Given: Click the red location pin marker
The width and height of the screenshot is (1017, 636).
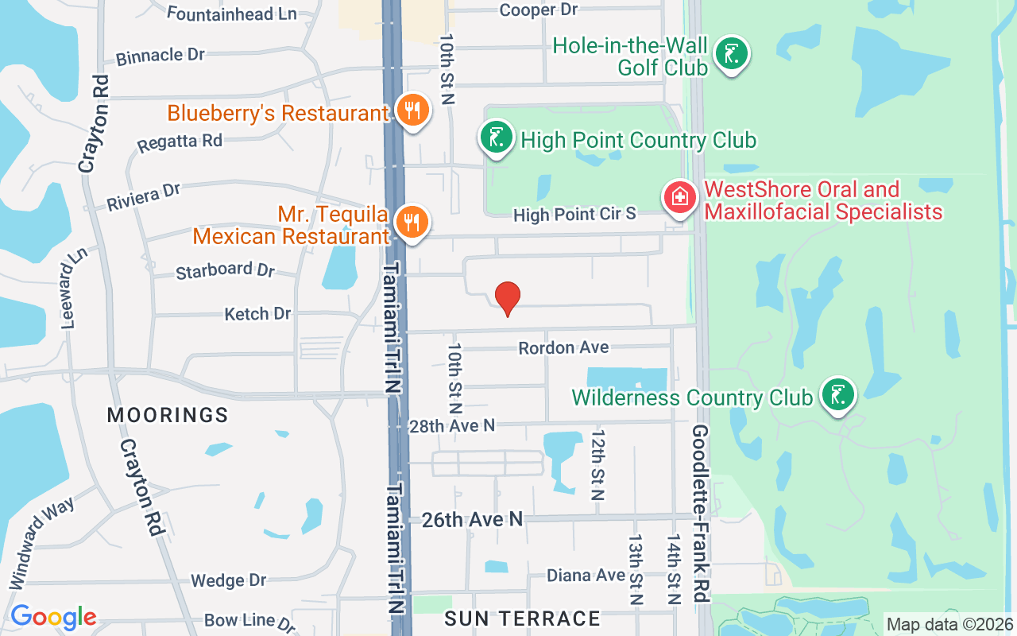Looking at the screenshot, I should pyautogui.click(x=508, y=297).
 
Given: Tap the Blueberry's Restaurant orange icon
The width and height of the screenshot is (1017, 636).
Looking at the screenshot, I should pyautogui.click(x=412, y=111).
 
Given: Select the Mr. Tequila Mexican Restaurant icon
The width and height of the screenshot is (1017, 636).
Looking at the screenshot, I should pyautogui.click(x=412, y=222).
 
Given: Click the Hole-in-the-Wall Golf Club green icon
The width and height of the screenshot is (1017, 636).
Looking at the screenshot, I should pyautogui.click(x=731, y=54).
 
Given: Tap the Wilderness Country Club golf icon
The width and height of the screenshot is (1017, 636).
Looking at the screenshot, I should pyautogui.click(x=837, y=394).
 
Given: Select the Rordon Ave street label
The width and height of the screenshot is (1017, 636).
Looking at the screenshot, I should pyautogui.click(x=563, y=348).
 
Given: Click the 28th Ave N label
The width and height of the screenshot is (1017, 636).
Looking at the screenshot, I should pyautogui.click(x=451, y=426).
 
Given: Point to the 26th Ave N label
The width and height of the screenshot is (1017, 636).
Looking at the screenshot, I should pyautogui.click(x=472, y=520).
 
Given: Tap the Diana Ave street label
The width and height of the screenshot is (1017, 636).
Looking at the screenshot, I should pyautogui.click(x=586, y=575).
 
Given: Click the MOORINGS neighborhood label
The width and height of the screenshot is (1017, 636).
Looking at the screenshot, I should pyautogui.click(x=168, y=415).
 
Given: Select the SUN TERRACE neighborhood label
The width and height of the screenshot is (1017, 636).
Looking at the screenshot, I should pyautogui.click(x=522, y=619).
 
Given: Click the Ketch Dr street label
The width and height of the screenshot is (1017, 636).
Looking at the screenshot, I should pyautogui.click(x=257, y=314).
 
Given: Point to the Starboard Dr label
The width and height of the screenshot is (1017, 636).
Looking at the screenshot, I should pyautogui.click(x=225, y=270).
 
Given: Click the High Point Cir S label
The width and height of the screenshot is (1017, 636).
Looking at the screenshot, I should pyautogui.click(x=574, y=214).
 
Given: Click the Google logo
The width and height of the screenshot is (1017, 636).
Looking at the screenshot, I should pyautogui.click(x=53, y=617).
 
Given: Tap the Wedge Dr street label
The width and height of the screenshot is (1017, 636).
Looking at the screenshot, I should pyautogui.click(x=229, y=581).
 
